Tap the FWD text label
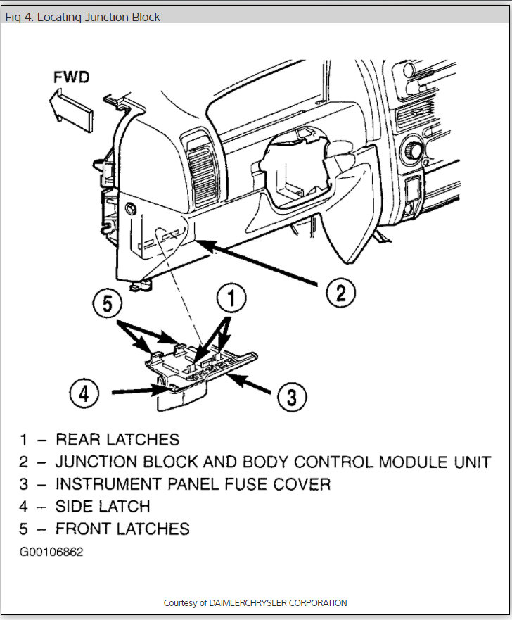[72, 77]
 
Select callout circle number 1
[230, 299]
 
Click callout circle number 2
[340, 292]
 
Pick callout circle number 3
[290, 398]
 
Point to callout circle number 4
[84, 391]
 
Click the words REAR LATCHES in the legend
[117, 440]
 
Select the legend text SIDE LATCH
[103, 505]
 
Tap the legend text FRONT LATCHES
[122, 528]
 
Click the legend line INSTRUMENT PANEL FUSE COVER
[193, 483]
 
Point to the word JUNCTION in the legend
[96, 462]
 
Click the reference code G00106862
[51, 552]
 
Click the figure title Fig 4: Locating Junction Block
[83, 16]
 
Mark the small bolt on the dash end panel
[131, 209]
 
